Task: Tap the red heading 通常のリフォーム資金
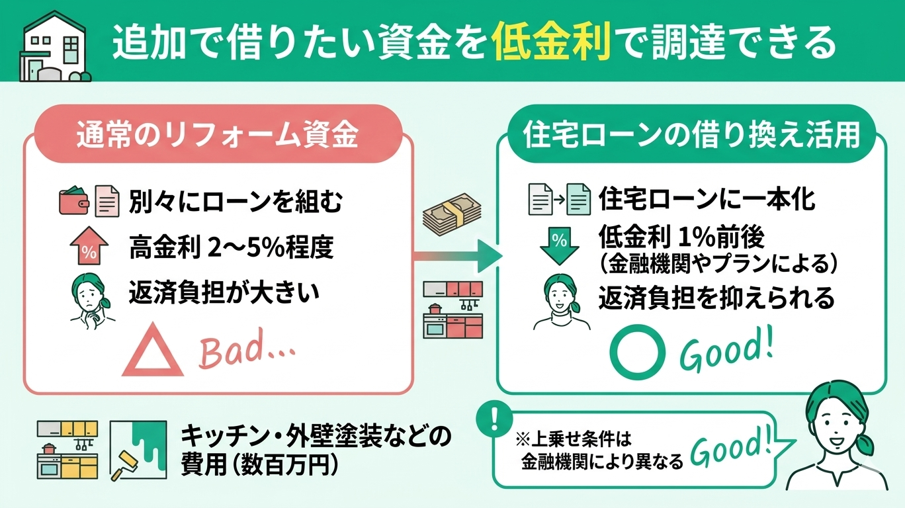pos(218,136)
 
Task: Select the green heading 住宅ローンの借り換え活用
pos(691,136)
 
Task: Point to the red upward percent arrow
pos(86,245)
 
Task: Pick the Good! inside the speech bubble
pos(732,451)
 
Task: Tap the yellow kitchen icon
pos(67,449)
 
